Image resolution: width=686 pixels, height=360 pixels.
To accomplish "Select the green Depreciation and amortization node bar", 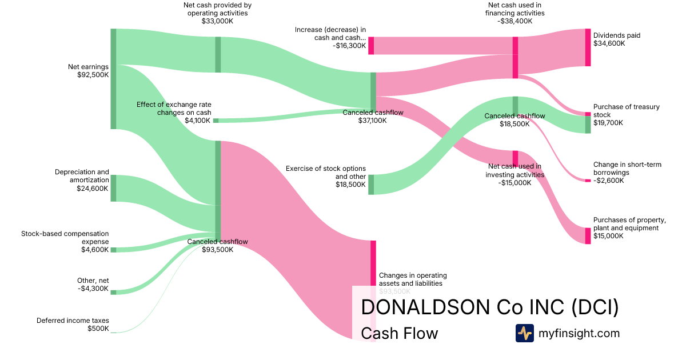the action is [113, 188].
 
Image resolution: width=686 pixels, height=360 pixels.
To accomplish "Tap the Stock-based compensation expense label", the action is [65, 241].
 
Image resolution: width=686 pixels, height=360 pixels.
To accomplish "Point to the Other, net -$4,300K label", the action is [93, 285].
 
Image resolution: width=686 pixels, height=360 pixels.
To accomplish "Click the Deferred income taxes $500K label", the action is [73, 325].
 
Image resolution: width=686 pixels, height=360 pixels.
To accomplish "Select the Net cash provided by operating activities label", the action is [217, 13].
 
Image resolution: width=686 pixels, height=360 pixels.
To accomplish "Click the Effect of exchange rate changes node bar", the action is [216, 121].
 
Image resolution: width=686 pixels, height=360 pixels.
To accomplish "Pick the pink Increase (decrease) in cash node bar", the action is [371, 46].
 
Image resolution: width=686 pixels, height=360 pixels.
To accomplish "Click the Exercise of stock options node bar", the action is [371, 185].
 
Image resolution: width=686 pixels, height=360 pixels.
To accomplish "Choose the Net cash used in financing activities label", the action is [515, 13].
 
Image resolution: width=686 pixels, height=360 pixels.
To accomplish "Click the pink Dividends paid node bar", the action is [588, 47].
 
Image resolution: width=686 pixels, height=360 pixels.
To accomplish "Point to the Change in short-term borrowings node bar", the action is [588, 181].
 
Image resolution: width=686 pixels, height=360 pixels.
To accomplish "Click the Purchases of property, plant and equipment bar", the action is [588, 235].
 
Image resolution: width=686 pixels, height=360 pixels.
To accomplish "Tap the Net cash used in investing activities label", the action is [514, 175].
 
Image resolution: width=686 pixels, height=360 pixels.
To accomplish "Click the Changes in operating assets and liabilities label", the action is [413, 279].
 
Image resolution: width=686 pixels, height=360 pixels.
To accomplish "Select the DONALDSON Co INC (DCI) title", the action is [490, 307].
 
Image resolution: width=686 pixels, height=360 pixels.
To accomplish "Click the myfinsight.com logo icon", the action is [524, 333].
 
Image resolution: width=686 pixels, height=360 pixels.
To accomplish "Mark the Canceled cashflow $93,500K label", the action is [217, 246].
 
